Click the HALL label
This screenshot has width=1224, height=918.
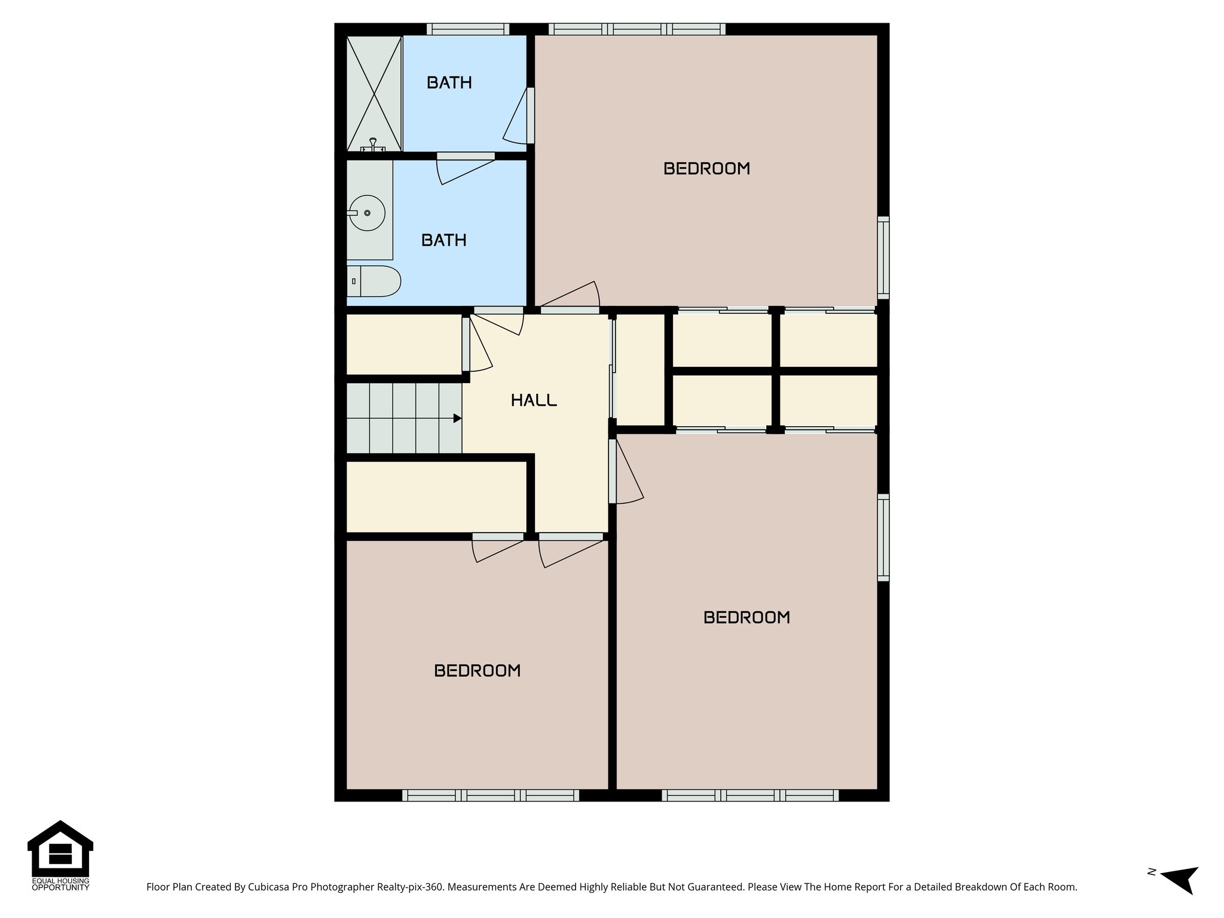click(534, 400)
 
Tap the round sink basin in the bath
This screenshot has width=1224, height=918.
click(366, 213)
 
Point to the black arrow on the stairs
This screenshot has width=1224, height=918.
click(457, 418)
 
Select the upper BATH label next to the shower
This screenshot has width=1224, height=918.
click(449, 82)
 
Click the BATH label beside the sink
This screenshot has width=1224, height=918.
click(443, 240)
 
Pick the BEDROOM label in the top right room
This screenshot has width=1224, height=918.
click(706, 169)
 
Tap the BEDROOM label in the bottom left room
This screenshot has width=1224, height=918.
click(477, 671)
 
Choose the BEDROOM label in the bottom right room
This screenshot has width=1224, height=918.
click(746, 617)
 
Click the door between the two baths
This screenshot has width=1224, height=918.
click(466, 157)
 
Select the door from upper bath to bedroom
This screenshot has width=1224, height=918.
click(530, 115)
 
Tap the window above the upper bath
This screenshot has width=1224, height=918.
click(468, 29)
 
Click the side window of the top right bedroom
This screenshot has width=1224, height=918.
click(883, 258)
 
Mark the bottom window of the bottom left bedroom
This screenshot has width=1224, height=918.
click(490, 795)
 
